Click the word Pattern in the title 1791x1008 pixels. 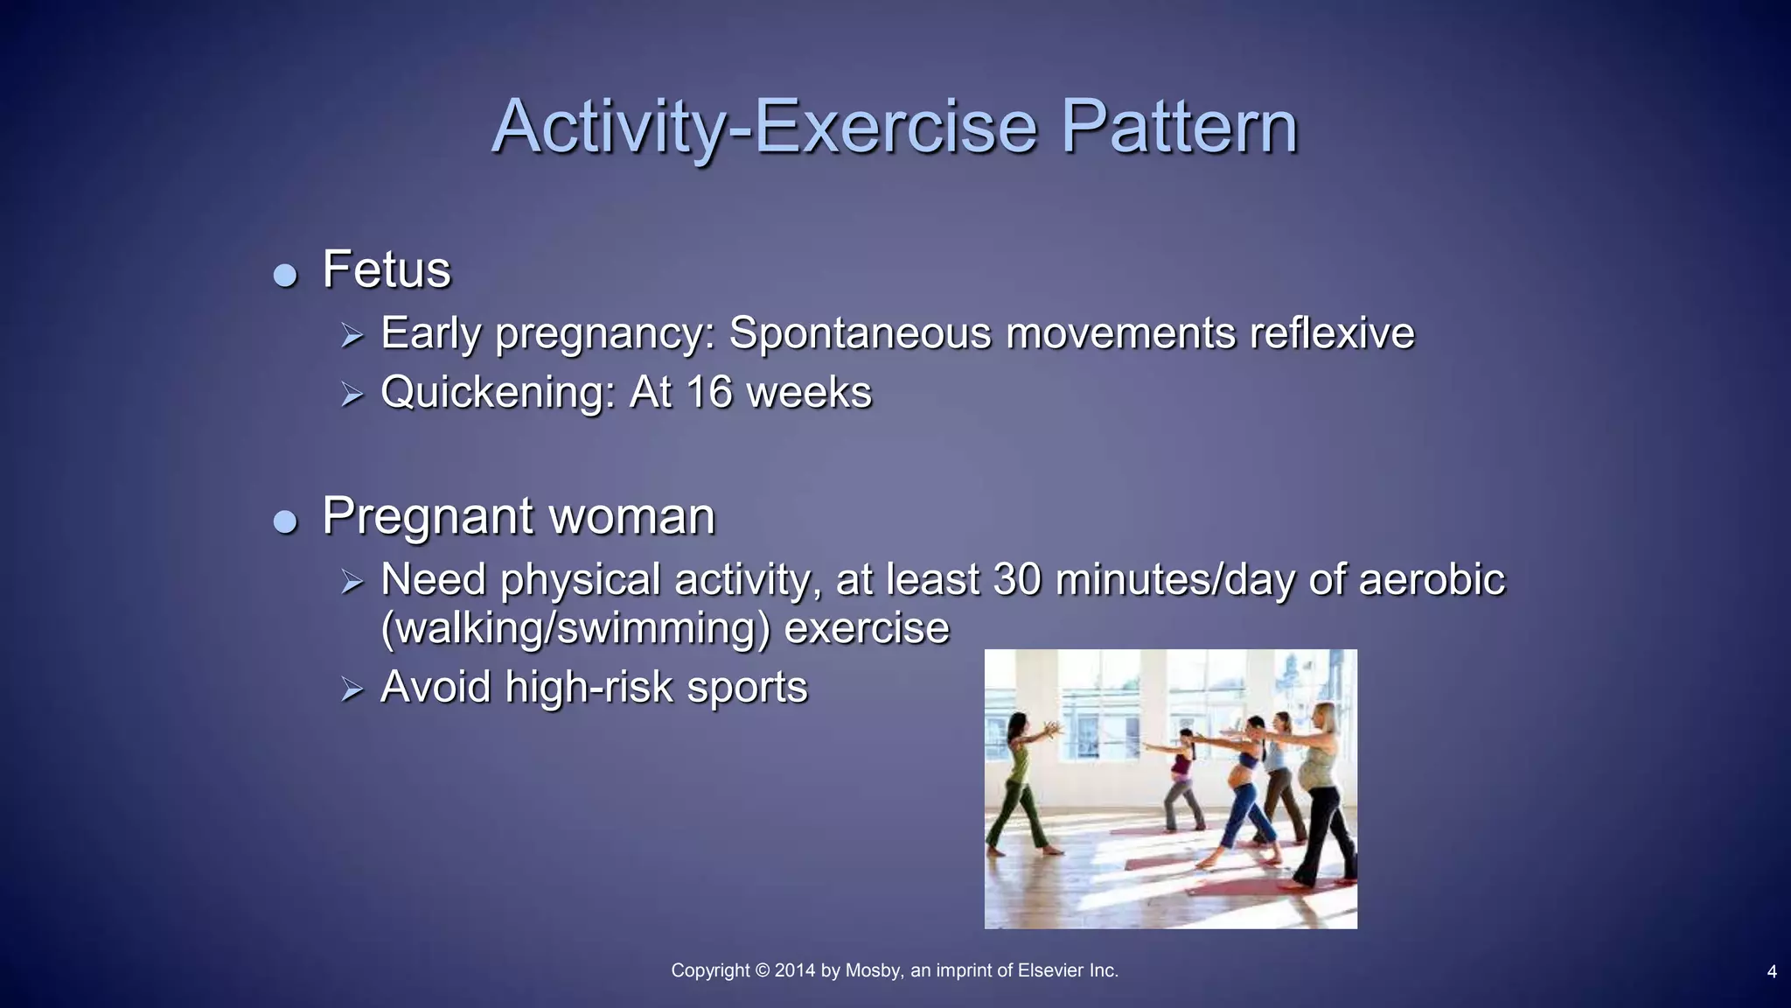pos(1179,127)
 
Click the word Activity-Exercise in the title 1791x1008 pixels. pos(764,127)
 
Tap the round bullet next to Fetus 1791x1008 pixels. pos(285,276)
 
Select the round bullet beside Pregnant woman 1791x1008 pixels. pos(285,522)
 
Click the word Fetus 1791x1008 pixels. pos(387,269)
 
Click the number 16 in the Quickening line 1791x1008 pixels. pos(708,392)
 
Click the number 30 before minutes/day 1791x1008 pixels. pos(1016,580)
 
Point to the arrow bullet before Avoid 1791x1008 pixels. pos(352,689)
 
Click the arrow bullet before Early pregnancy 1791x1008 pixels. pos(352,335)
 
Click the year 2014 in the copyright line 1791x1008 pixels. pos(794,970)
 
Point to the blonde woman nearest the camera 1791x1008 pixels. pos(1323,787)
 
